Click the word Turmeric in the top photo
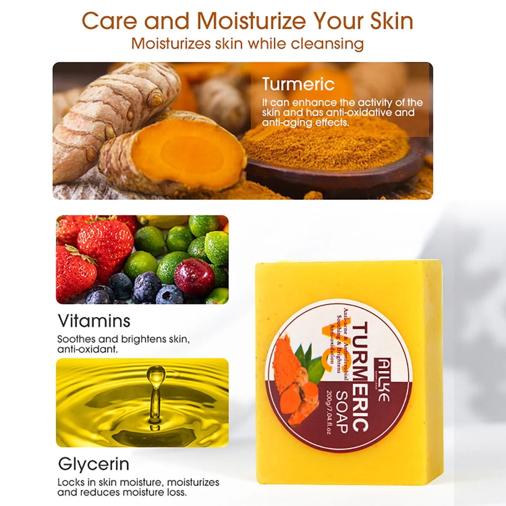(x=298, y=84)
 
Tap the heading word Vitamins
(x=94, y=321)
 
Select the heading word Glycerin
(x=94, y=464)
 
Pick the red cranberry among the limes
(x=194, y=277)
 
